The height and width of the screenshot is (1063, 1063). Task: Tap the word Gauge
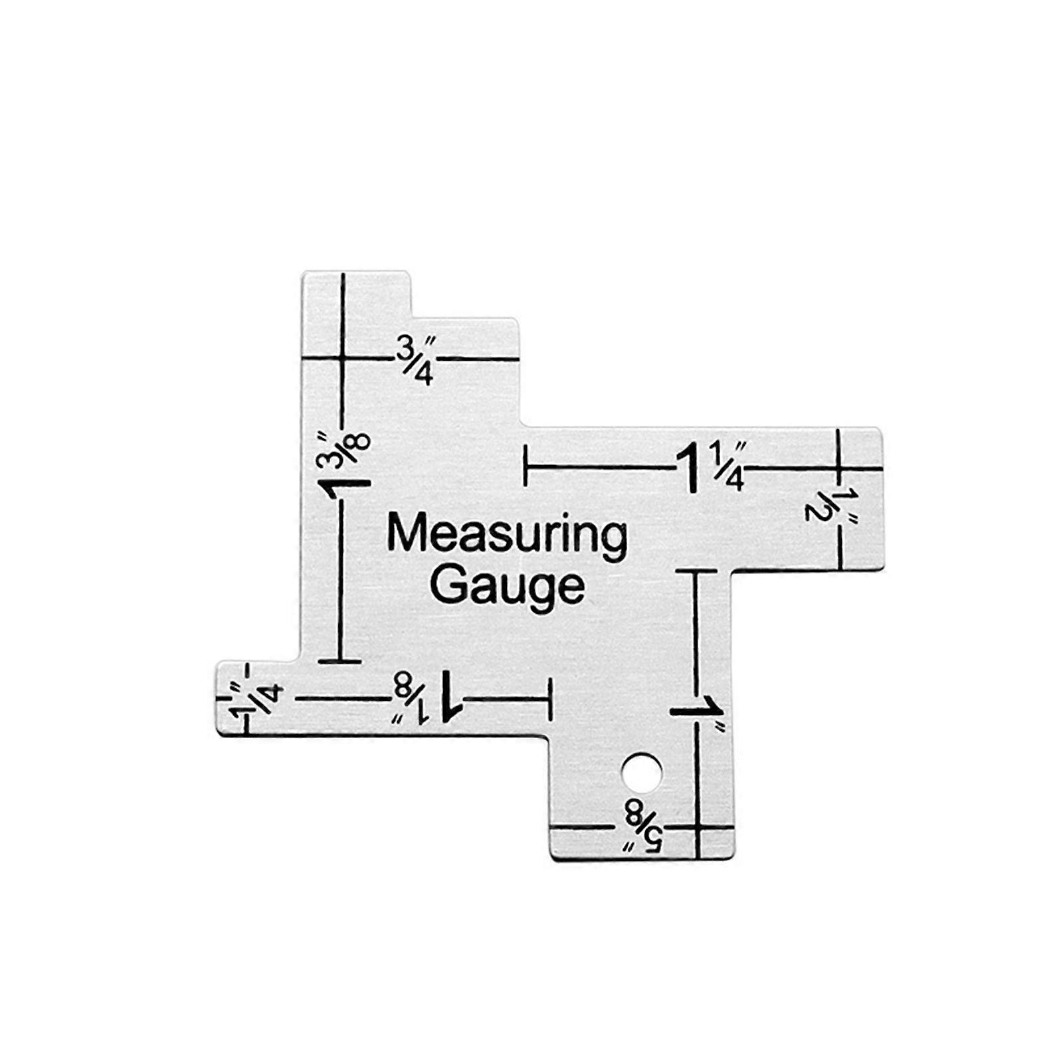[x=508, y=585]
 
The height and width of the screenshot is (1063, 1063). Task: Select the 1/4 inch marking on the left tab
[x=256, y=698]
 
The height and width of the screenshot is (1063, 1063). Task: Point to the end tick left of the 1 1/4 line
[x=526, y=466]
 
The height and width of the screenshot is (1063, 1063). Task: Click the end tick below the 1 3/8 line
[x=340, y=661]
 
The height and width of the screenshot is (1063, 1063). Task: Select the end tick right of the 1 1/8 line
[x=550, y=698]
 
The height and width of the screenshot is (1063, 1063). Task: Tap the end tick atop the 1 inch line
[x=696, y=571]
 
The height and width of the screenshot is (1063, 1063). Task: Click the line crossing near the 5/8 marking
[x=698, y=828]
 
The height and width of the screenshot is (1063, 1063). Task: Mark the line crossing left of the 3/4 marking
[x=343, y=358]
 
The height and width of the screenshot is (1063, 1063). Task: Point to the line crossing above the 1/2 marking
[x=839, y=468]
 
